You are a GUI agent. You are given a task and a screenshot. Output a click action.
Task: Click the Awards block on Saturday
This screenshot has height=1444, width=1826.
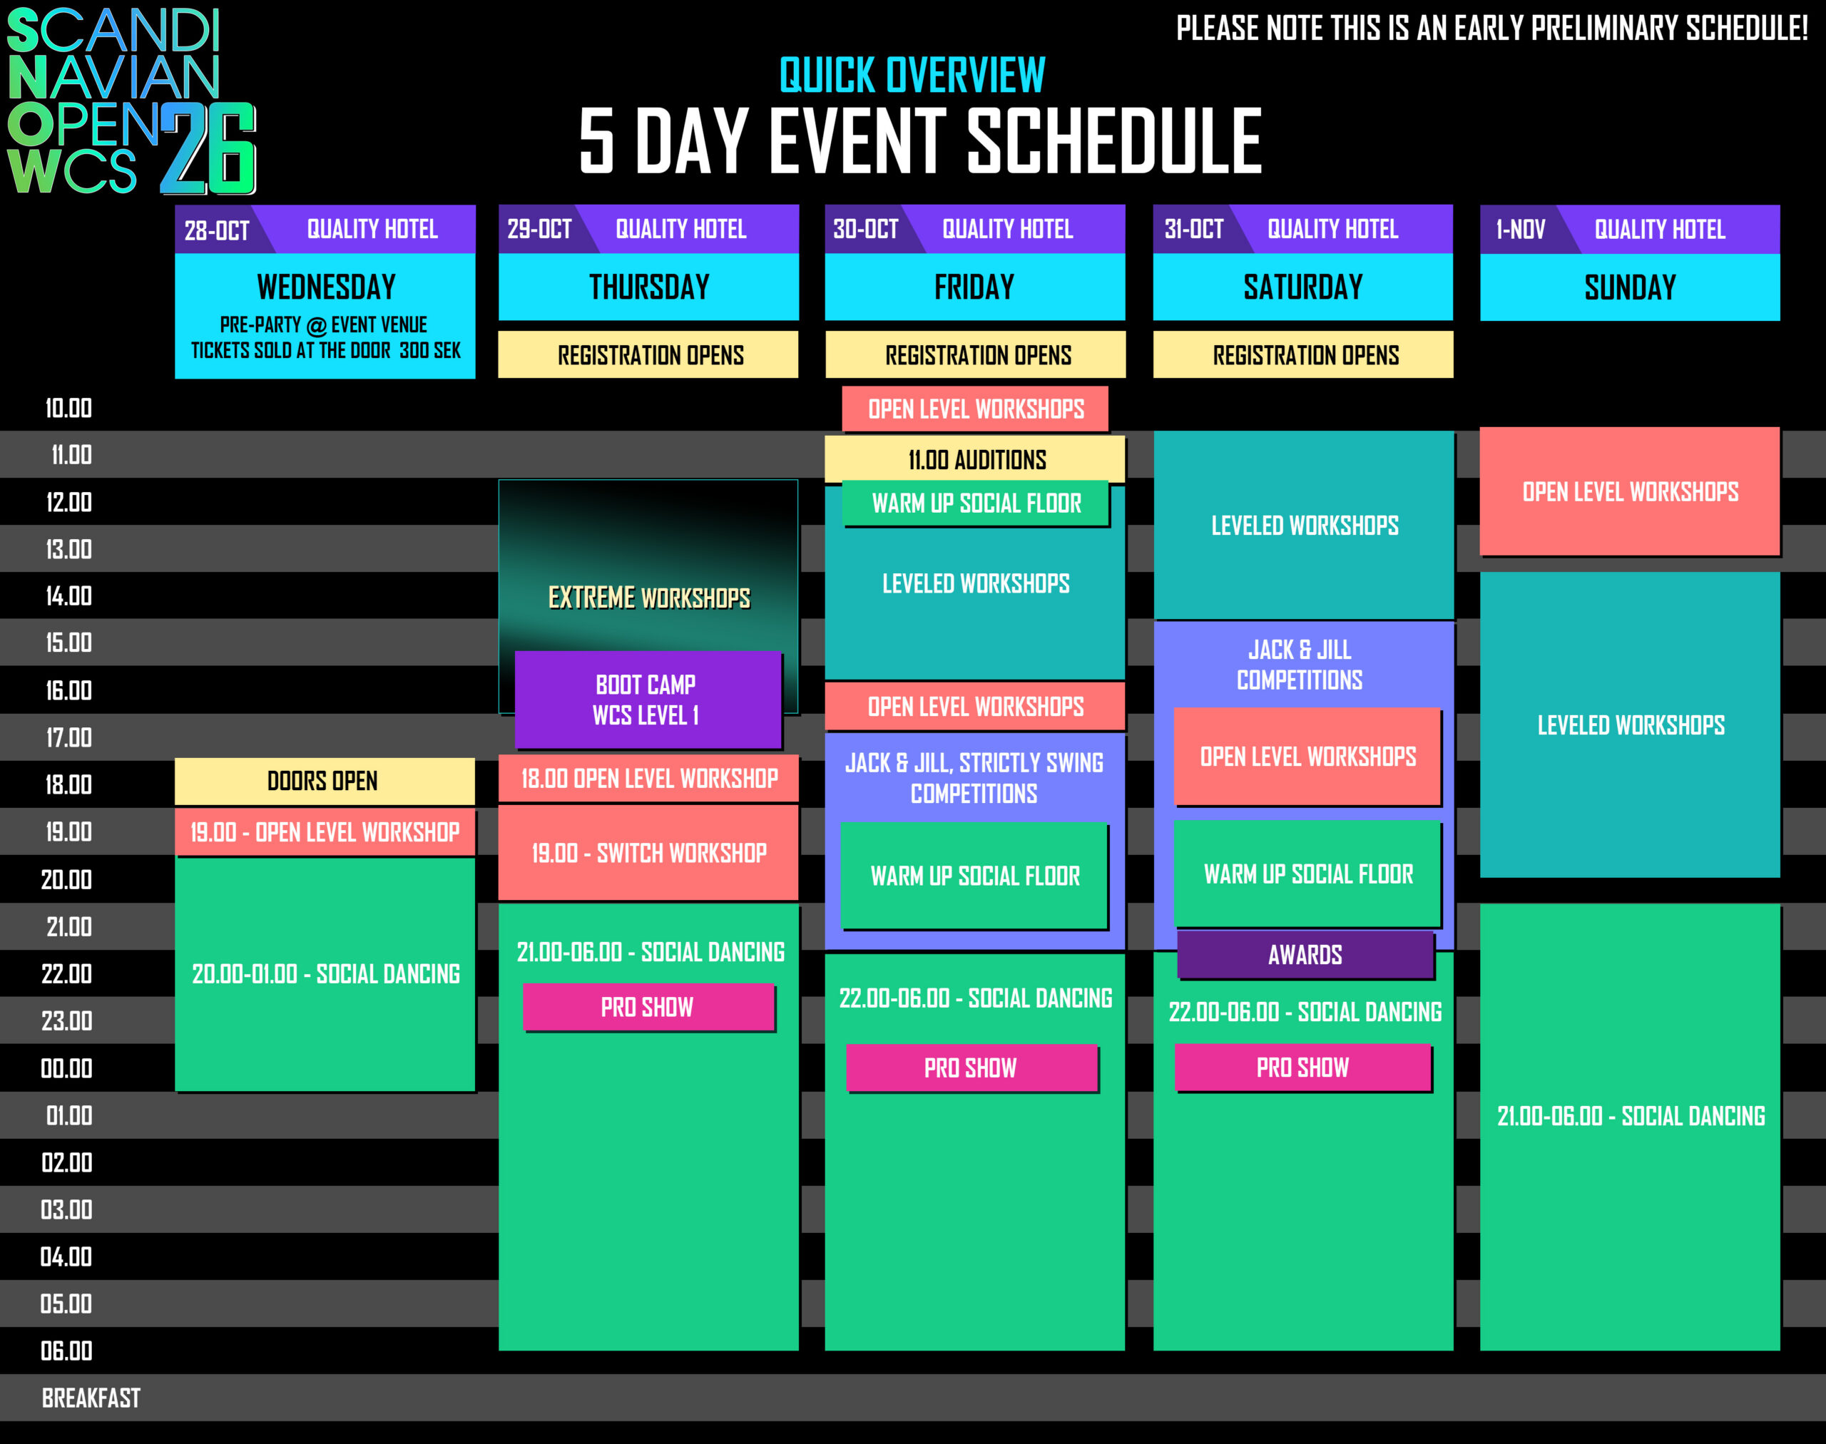pyautogui.click(x=1305, y=955)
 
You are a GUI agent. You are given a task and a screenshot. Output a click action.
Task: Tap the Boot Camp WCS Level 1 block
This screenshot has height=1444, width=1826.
pyautogui.click(x=647, y=699)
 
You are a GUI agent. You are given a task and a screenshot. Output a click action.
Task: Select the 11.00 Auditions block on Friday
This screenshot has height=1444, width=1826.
pyautogui.click(x=975, y=459)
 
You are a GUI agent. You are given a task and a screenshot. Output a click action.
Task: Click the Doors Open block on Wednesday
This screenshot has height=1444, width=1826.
pyautogui.click(x=325, y=780)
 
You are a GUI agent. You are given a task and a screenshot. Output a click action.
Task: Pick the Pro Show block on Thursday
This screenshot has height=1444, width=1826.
pyautogui.click(x=648, y=1007)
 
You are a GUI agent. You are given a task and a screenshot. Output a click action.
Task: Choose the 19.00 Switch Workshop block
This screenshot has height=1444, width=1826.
pyautogui.click(x=648, y=852)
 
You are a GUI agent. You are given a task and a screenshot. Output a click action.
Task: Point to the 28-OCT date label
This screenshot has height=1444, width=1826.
pyautogui.click(x=217, y=230)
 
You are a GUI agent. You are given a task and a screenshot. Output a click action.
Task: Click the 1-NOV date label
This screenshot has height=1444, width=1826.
pyautogui.click(x=1520, y=229)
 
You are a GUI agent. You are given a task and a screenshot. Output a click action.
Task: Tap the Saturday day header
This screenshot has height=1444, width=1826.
pyautogui.click(x=1302, y=287)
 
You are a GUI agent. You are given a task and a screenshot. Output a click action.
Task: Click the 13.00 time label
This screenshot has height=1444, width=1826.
pyautogui.click(x=68, y=550)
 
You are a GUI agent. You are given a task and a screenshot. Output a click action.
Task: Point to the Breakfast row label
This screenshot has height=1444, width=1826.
pyautogui.click(x=91, y=1398)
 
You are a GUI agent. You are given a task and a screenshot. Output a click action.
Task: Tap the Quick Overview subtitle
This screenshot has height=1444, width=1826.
pyautogui.click(x=912, y=76)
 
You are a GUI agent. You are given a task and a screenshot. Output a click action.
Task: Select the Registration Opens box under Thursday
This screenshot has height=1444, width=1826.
pyautogui.click(x=648, y=354)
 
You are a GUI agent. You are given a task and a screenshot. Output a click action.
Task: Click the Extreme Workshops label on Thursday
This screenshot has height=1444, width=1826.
pyautogui.click(x=648, y=598)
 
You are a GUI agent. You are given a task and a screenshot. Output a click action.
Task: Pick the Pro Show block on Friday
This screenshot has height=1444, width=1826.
pyautogui.click(x=971, y=1067)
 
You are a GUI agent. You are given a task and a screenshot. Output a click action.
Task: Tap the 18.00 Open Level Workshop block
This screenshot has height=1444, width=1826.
pyautogui.click(x=648, y=778)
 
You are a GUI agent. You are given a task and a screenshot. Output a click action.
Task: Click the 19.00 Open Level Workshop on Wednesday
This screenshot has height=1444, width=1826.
pyautogui.click(x=325, y=832)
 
